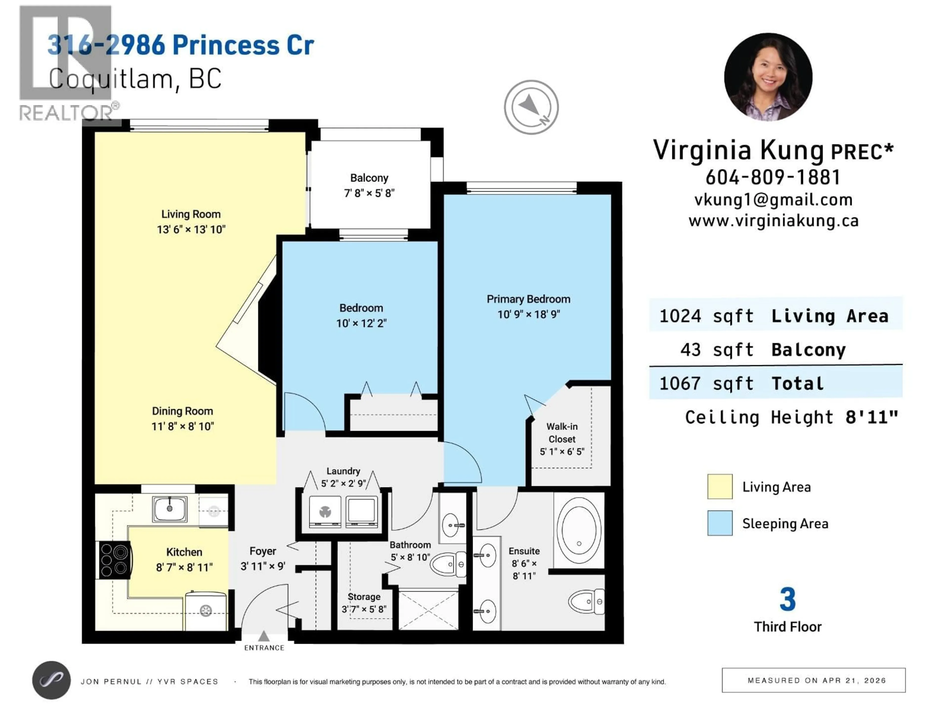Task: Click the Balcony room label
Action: pyautogui.click(x=369, y=178)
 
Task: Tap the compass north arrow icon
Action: pyautogui.click(x=531, y=107)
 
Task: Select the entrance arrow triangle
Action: pyautogui.click(x=264, y=636)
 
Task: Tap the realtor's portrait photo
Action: pyautogui.click(x=768, y=77)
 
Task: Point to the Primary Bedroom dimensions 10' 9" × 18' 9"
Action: pyautogui.click(x=529, y=314)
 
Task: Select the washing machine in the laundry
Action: pyautogui.click(x=325, y=512)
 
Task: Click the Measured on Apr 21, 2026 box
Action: pyautogui.click(x=813, y=680)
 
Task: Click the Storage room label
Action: pyautogui.click(x=364, y=597)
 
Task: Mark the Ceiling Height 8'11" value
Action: pyautogui.click(x=871, y=417)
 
